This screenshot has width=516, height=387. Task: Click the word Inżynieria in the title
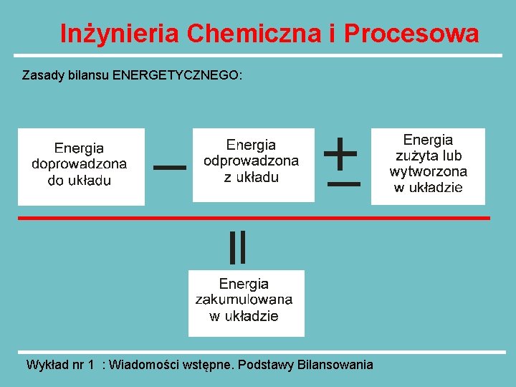(x=120, y=33)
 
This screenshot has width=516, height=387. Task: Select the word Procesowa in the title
(x=411, y=33)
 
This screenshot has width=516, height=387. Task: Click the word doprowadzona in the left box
(x=79, y=163)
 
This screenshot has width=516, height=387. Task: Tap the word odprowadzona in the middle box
(x=251, y=161)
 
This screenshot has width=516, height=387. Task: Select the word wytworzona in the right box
(x=428, y=171)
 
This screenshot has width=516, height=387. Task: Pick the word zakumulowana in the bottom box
(x=244, y=300)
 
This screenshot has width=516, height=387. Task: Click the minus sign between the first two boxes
(x=170, y=167)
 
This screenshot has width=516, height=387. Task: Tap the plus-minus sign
(x=343, y=163)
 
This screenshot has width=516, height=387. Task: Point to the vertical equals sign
(x=237, y=247)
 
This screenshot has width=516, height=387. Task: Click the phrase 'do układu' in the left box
(x=79, y=180)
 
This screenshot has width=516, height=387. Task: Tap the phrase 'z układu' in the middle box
(x=251, y=177)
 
